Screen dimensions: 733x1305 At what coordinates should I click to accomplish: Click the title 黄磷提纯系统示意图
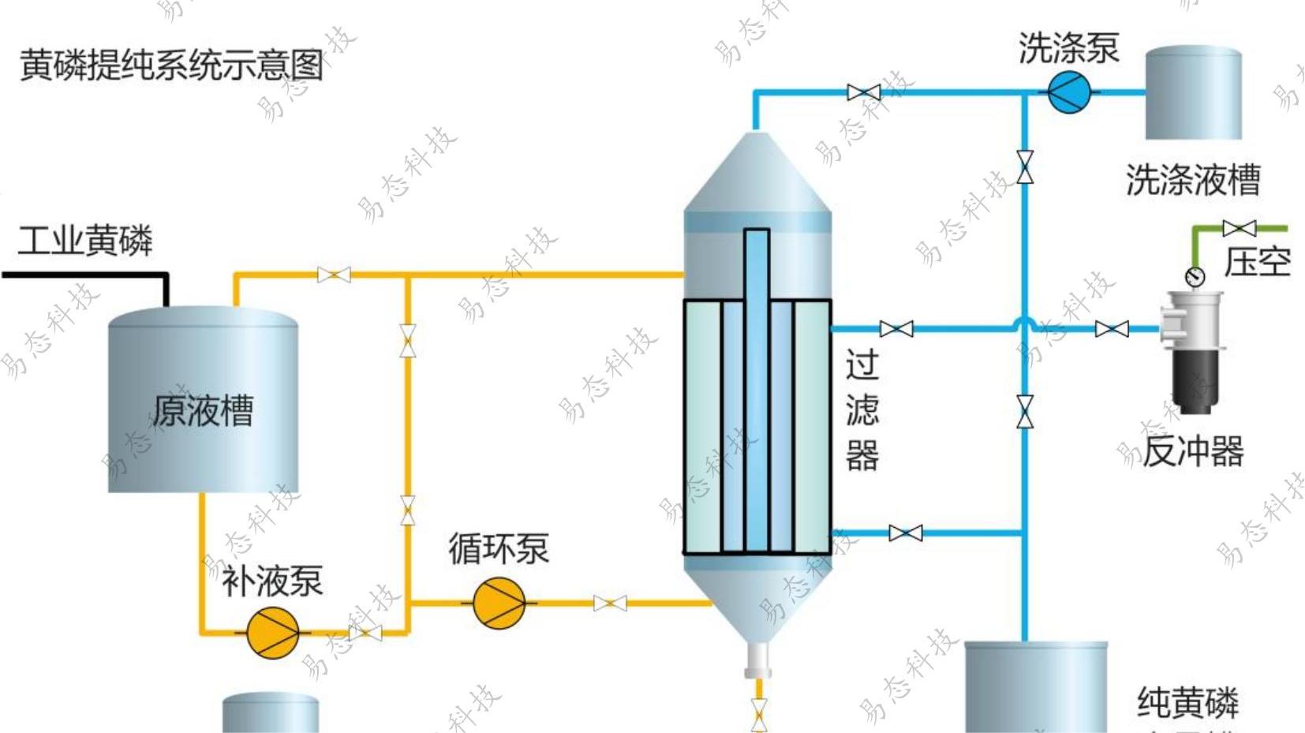coord(171,65)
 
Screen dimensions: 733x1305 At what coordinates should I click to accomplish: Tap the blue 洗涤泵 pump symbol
coord(1068,92)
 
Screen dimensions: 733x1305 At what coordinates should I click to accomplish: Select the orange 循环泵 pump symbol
coord(499,603)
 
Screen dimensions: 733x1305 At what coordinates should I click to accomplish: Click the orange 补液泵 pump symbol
coord(272,632)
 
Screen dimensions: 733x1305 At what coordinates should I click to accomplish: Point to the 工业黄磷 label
coord(85,241)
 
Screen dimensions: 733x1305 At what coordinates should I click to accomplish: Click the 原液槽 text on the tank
coord(203,411)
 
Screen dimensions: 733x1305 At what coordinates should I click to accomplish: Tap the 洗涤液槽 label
coord(1192,180)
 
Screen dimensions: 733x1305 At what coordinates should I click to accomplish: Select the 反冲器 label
coord(1192,451)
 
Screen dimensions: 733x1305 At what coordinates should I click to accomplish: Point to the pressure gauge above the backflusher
coord(1195,277)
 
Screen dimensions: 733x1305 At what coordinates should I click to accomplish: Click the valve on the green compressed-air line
coord(1239,229)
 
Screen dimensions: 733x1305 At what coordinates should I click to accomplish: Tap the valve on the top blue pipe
coord(863,92)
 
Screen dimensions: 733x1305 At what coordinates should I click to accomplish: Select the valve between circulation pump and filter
coord(610,604)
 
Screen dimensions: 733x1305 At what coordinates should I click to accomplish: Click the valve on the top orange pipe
coord(334,275)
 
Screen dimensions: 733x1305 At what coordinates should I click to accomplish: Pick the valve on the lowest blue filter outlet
coord(905,533)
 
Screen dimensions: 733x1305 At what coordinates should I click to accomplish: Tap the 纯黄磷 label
coord(1187,702)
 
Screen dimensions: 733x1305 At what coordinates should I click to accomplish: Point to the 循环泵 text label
coord(499,548)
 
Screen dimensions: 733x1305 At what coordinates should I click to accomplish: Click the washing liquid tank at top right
coord(1193,93)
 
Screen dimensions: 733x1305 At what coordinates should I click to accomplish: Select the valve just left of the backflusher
coord(1112,329)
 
